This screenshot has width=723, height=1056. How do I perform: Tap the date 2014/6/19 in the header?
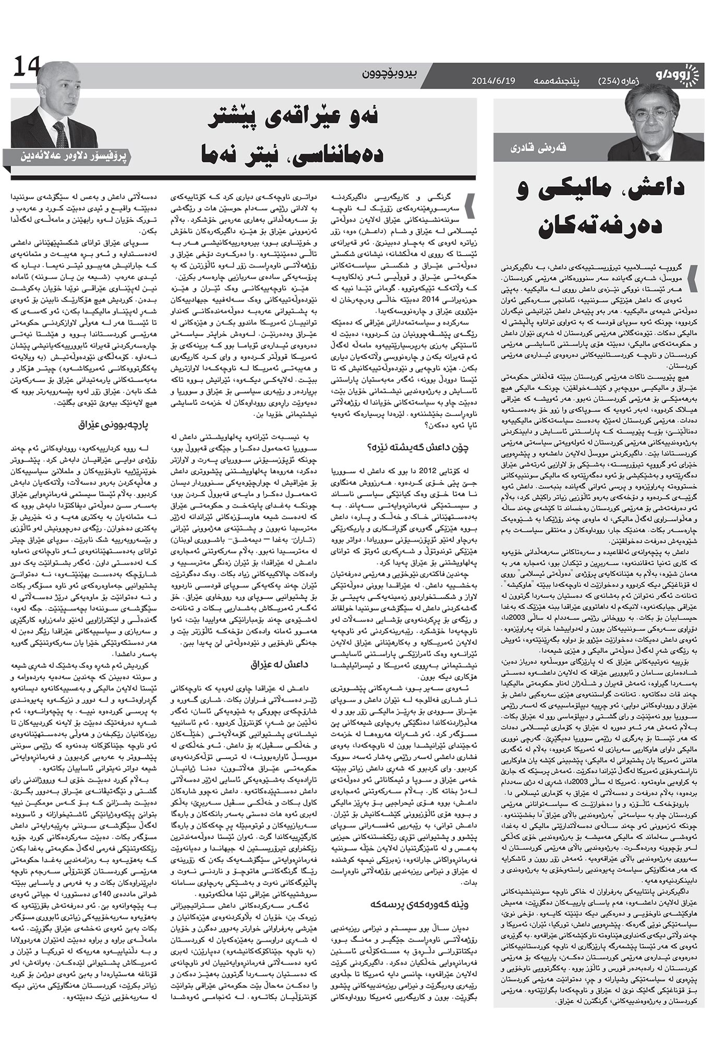[x=493, y=81]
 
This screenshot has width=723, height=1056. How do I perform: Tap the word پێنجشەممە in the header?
[x=556, y=81]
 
